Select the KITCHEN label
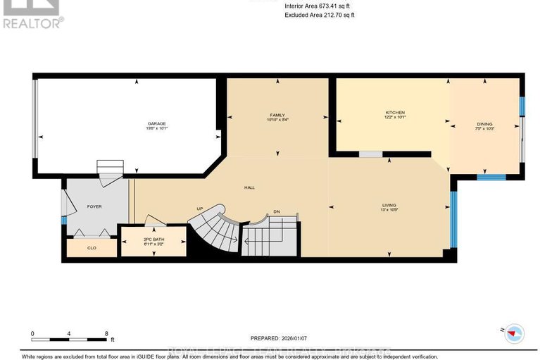[x=394, y=113]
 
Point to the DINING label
[x=484, y=124]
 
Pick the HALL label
[x=249, y=188]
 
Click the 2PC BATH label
[x=153, y=240]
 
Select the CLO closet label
[x=92, y=248]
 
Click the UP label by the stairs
[x=200, y=209]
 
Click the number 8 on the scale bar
[x=106, y=334]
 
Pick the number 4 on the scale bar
[x=69, y=334]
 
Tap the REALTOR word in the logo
[x=31, y=23]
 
